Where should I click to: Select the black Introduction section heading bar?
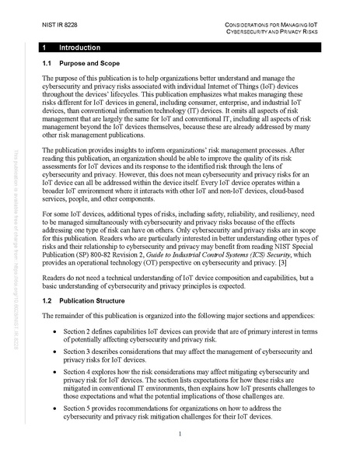pyautogui.click(x=180, y=48)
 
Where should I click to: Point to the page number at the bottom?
pyautogui.click(x=180, y=435)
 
